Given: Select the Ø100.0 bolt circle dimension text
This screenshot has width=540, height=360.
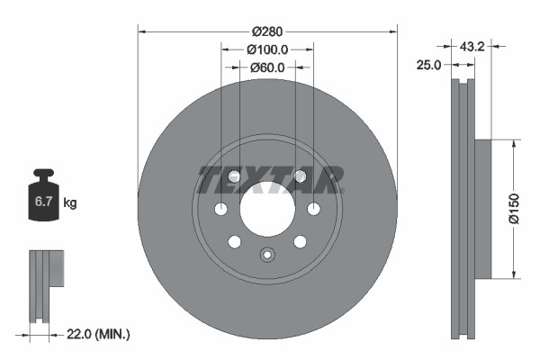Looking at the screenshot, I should [267, 50].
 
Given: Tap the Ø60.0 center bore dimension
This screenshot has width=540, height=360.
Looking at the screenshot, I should [267, 67].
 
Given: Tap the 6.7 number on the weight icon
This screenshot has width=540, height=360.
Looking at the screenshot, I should [43, 203].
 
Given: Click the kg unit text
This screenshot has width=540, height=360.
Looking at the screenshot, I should [70, 203].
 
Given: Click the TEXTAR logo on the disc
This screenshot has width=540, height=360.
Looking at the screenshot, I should [267, 180].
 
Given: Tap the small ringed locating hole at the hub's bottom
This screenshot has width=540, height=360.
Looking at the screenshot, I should [266, 255].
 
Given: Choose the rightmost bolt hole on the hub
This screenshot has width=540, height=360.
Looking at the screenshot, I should [313, 210].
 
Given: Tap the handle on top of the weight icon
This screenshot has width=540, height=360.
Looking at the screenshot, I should [43, 174].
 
